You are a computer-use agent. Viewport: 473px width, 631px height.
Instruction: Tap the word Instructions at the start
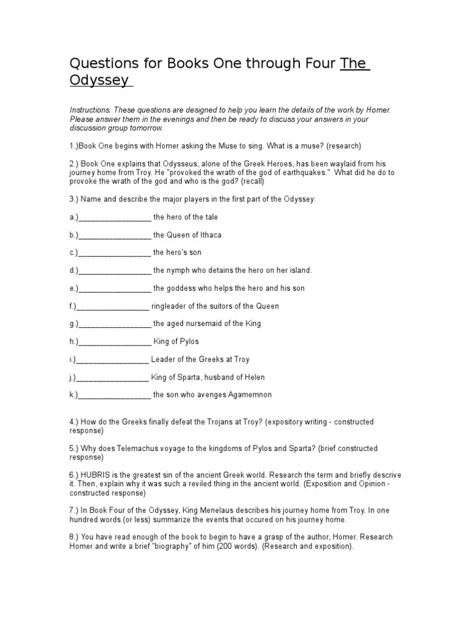89,110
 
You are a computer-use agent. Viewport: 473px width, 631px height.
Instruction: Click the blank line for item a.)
115,218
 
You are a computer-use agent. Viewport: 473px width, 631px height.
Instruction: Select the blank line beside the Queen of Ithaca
115,235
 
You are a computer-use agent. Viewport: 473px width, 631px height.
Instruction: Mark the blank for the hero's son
115,253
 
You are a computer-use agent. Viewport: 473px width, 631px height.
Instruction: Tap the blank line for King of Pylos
115,342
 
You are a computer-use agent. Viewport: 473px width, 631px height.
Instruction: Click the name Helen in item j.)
256,378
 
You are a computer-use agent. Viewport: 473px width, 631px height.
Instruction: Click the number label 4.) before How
75,422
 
